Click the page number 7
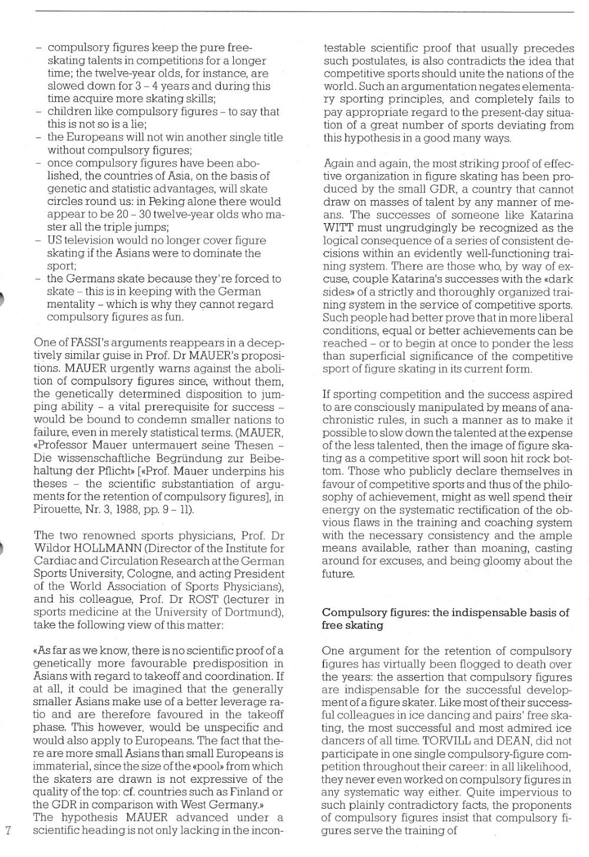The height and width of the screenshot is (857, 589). point(8,831)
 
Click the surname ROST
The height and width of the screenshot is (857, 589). point(207,600)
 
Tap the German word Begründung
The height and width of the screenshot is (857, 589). point(198,458)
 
